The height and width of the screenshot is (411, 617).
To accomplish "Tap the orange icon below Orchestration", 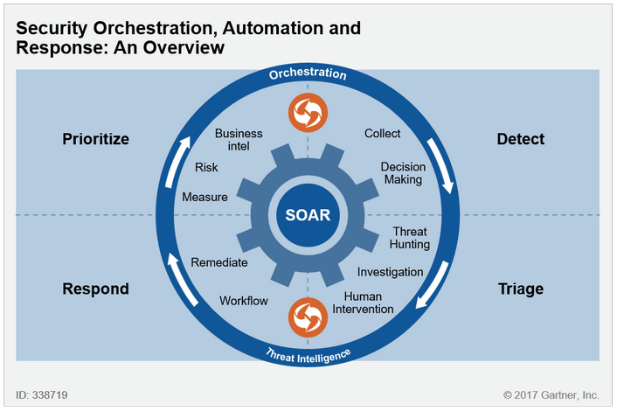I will (308, 112).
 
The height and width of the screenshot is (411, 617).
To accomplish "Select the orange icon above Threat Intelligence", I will (308, 317).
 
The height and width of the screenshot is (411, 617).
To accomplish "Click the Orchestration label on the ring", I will (308, 75).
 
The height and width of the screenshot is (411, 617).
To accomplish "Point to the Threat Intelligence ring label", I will (307, 353).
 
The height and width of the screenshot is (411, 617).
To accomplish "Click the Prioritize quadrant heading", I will (96, 139).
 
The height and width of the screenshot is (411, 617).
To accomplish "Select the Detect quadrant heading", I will (520, 139).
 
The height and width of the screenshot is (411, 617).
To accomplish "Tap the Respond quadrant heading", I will (96, 289).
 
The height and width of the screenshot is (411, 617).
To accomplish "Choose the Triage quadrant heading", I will (520, 289).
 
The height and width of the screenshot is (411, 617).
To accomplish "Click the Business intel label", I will (239, 140).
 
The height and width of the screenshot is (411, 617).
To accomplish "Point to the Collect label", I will (382, 134).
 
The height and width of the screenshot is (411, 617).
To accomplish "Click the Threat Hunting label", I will (410, 238).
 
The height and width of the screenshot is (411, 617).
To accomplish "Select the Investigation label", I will (391, 272).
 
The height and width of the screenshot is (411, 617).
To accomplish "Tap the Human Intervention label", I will (369, 303).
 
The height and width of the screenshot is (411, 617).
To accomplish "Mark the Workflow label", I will (244, 301).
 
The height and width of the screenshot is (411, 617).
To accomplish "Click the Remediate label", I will (219, 262).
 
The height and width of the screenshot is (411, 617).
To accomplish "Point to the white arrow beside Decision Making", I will (445, 174).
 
